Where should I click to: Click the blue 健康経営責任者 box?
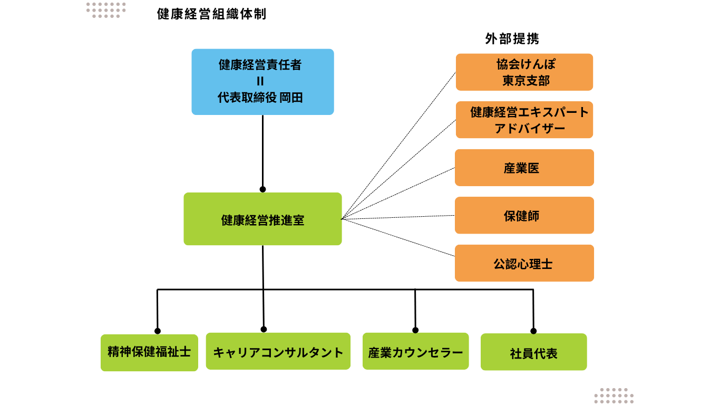coord(262,82)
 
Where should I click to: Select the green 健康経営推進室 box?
coord(262,219)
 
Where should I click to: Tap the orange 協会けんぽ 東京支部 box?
coord(524,72)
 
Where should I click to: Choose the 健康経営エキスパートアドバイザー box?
coord(524,120)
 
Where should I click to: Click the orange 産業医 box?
coord(524,168)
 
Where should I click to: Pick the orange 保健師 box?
coord(524,215)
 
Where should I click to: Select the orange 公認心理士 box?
coord(524,263)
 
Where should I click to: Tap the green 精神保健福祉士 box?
coord(149,352)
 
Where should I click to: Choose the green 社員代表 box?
coord(533,352)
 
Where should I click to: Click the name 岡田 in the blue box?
coord(291,98)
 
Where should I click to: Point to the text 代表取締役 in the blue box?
coord(247,98)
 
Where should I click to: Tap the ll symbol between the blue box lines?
coord(260,81)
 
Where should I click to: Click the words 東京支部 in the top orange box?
coord(526,81)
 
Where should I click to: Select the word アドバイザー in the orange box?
coord(530,129)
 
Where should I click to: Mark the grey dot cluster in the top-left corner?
coord(106,10)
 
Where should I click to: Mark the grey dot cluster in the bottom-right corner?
coord(614,396)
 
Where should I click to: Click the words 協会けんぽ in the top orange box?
coord(526,64)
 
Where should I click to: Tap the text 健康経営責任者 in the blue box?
coord(260,65)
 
